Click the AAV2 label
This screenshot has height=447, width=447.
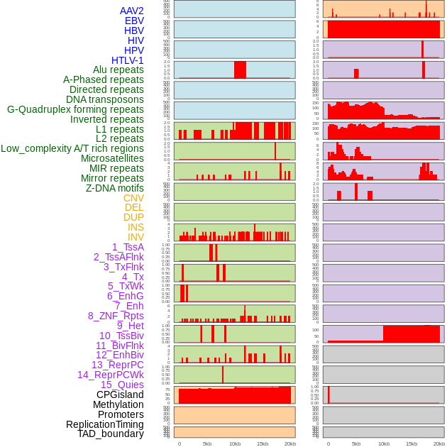(132, 11)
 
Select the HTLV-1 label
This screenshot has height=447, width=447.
(128, 60)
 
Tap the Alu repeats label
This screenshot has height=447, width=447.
(118, 70)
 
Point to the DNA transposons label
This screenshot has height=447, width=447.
(105, 100)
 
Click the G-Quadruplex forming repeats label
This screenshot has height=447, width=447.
(75, 110)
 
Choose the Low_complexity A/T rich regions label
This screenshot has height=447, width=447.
(72, 148)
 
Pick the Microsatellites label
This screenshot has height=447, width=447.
(112, 158)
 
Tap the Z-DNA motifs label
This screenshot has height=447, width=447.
(115, 188)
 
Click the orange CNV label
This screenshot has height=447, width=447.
(133, 198)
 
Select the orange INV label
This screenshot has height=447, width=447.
(136, 237)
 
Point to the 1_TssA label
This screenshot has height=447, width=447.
(128, 247)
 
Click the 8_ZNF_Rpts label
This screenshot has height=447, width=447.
(116, 316)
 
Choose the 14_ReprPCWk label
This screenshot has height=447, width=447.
(111, 375)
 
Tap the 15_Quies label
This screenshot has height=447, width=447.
(122, 385)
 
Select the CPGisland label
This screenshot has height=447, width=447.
(120, 394)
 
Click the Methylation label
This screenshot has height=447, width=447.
(118, 404)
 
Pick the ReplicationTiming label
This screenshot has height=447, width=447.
(105, 424)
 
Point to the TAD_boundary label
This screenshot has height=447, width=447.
(111, 434)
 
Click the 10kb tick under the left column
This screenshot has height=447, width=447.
(234, 443)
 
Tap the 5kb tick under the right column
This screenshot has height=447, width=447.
(356, 443)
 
